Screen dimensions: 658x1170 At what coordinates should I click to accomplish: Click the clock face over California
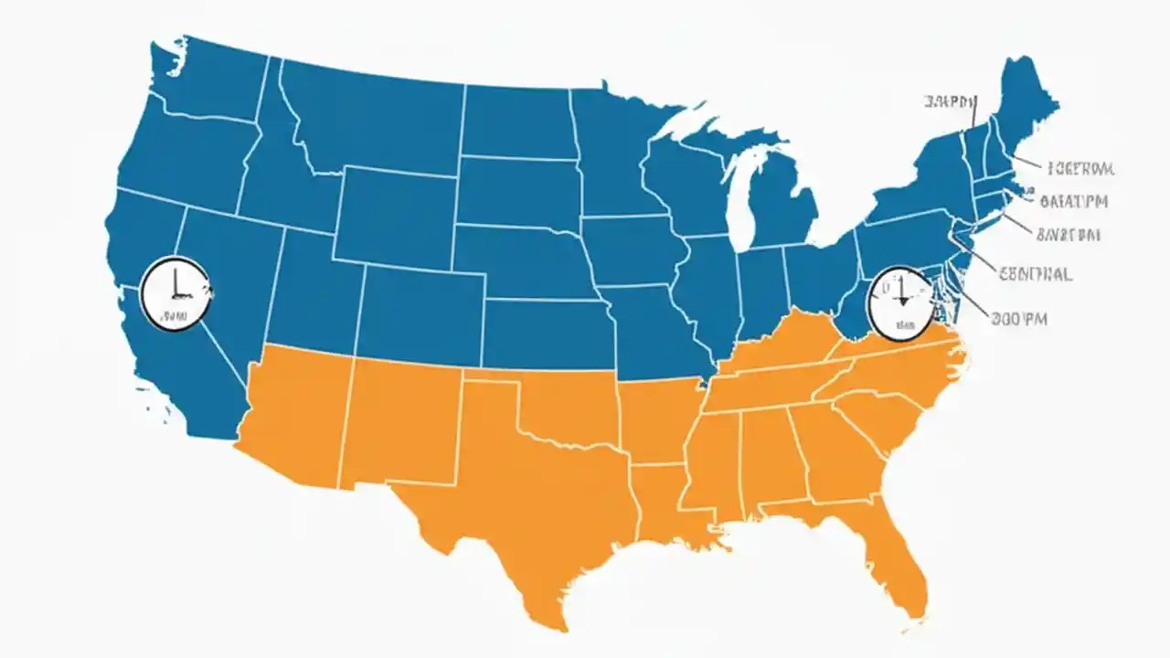tap(175, 293)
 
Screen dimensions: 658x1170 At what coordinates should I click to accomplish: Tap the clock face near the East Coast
tap(900, 302)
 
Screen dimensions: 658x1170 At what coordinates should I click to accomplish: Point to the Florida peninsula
tap(900, 557)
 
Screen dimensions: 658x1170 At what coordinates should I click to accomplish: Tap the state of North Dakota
tap(516, 119)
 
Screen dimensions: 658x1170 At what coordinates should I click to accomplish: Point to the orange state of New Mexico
tap(402, 420)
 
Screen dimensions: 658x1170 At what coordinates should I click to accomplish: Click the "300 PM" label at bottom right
tap(1019, 319)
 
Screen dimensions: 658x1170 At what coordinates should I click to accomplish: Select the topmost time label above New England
tap(951, 101)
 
